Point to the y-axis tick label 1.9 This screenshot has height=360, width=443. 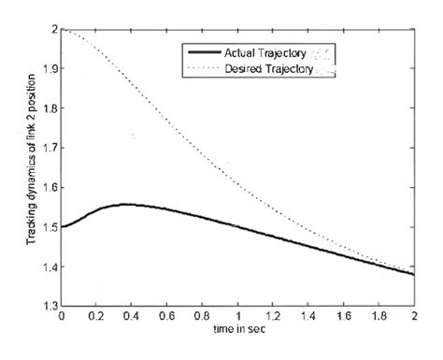(x=48, y=69)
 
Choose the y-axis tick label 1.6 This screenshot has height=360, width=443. (x=48, y=187)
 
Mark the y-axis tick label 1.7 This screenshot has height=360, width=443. (x=48, y=148)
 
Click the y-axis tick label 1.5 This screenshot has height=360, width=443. (x=48, y=226)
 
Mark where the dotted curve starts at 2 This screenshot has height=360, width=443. (x=62, y=31)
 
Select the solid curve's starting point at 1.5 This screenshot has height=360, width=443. (x=62, y=226)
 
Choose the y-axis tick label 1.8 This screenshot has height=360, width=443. (x=48, y=108)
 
